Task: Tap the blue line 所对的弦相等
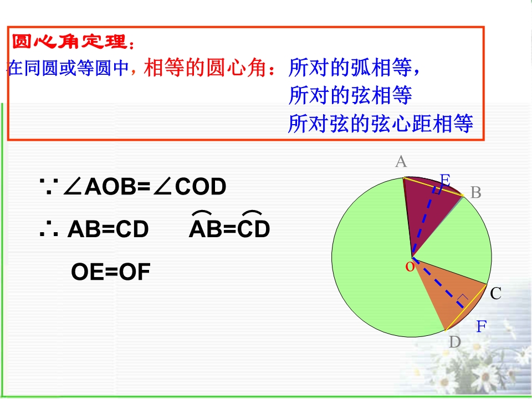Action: [x=350, y=95]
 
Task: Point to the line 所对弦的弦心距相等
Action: [x=380, y=123]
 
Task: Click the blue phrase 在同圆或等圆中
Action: [x=68, y=67]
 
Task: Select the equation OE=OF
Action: [x=111, y=272]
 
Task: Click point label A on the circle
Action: [x=401, y=161]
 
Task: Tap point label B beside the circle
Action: [x=476, y=192]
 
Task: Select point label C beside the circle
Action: [x=495, y=294]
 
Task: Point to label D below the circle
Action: [x=455, y=342]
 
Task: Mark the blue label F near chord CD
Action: [x=482, y=326]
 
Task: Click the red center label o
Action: [x=410, y=267]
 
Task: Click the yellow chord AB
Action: [x=433, y=186]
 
